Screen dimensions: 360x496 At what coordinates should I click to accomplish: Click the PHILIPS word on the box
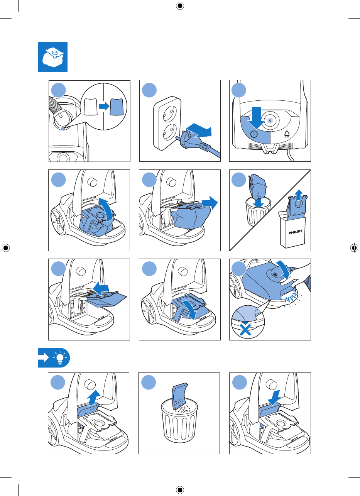pos(295,232)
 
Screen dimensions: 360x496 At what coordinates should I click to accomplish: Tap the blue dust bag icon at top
pos(53,57)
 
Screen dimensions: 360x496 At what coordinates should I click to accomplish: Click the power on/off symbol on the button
pos(254,134)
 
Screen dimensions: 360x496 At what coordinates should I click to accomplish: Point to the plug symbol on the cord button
pos(287,134)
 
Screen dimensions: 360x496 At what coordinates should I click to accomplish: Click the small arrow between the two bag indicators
pos(104,107)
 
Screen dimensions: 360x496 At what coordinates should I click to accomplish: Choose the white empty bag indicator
pos(90,107)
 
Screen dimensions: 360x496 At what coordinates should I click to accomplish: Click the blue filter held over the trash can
pos(179,396)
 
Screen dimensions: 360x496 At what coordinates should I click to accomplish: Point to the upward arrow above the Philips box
pos(299,195)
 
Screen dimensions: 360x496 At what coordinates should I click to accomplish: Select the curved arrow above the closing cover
pos(284,269)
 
